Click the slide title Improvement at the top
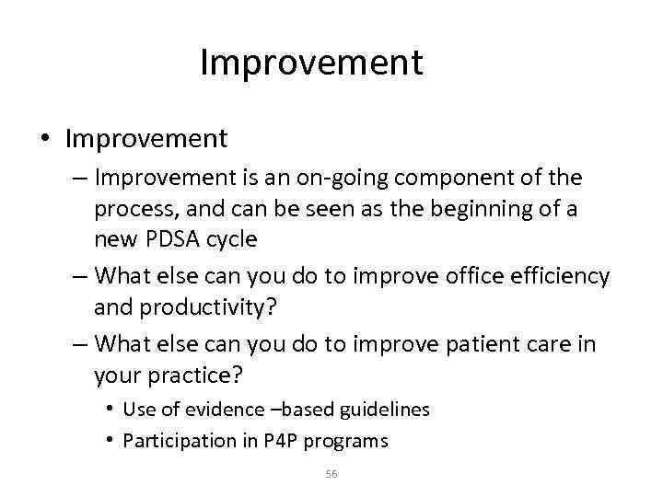coord(311,64)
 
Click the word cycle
coord(231,239)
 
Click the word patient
coord(481,343)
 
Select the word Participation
coord(169,441)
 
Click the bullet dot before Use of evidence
coord(110,409)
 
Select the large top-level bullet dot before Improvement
coord(44,139)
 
